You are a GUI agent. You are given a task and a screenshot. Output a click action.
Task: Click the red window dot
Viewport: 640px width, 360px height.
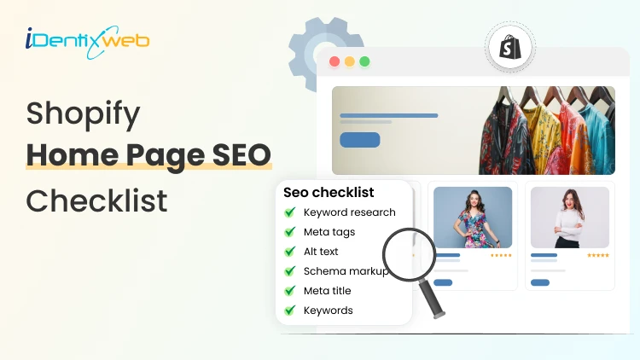tap(335, 61)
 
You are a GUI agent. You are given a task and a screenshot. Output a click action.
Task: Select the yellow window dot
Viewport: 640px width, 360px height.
tap(350, 61)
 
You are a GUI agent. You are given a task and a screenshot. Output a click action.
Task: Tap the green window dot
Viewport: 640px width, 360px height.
tap(364, 61)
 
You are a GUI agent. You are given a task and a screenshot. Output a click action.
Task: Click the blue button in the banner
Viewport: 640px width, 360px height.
tap(359, 140)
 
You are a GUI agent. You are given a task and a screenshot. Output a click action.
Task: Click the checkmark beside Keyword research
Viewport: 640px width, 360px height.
tap(290, 212)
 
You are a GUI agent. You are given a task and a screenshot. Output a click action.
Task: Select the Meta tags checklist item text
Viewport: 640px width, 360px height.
tap(329, 232)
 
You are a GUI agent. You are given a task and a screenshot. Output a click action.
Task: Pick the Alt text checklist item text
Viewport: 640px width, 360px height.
tap(321, 252)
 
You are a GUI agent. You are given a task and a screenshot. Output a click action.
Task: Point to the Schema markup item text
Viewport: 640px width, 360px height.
tap(346, 271)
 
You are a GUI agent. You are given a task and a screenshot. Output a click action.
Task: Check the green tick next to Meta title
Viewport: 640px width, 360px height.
tap(290, 291)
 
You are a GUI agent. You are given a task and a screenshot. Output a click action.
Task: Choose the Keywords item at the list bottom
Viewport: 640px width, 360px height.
tap(328, 311)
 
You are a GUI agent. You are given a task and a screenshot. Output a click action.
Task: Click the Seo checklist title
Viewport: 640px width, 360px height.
tap(329, 192)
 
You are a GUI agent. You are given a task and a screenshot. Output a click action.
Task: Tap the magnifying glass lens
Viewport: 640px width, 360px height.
tap(408, 253)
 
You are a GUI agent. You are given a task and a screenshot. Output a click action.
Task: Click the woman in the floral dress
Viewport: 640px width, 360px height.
tap(472, 217)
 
